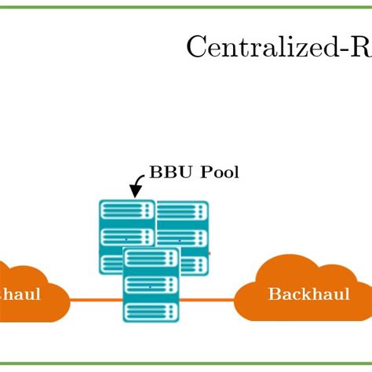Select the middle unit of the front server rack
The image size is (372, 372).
pos(151,285)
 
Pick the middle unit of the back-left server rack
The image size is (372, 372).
pos(126,236)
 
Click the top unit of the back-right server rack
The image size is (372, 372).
pos(183,212)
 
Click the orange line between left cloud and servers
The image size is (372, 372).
pos(95,300)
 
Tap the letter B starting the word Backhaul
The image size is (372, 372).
pos(274,294)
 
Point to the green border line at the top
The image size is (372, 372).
pos(186,6)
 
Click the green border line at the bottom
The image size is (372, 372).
pos(186,363)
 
